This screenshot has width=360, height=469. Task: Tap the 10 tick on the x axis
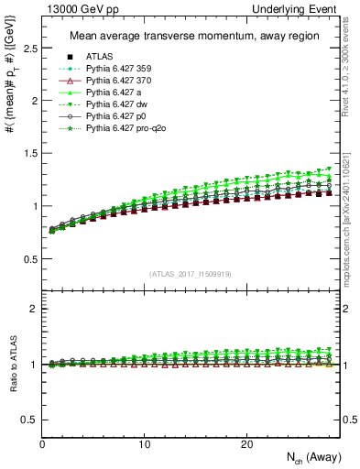(x=144, y=444)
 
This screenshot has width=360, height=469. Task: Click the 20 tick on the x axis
(x=245, y=444)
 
